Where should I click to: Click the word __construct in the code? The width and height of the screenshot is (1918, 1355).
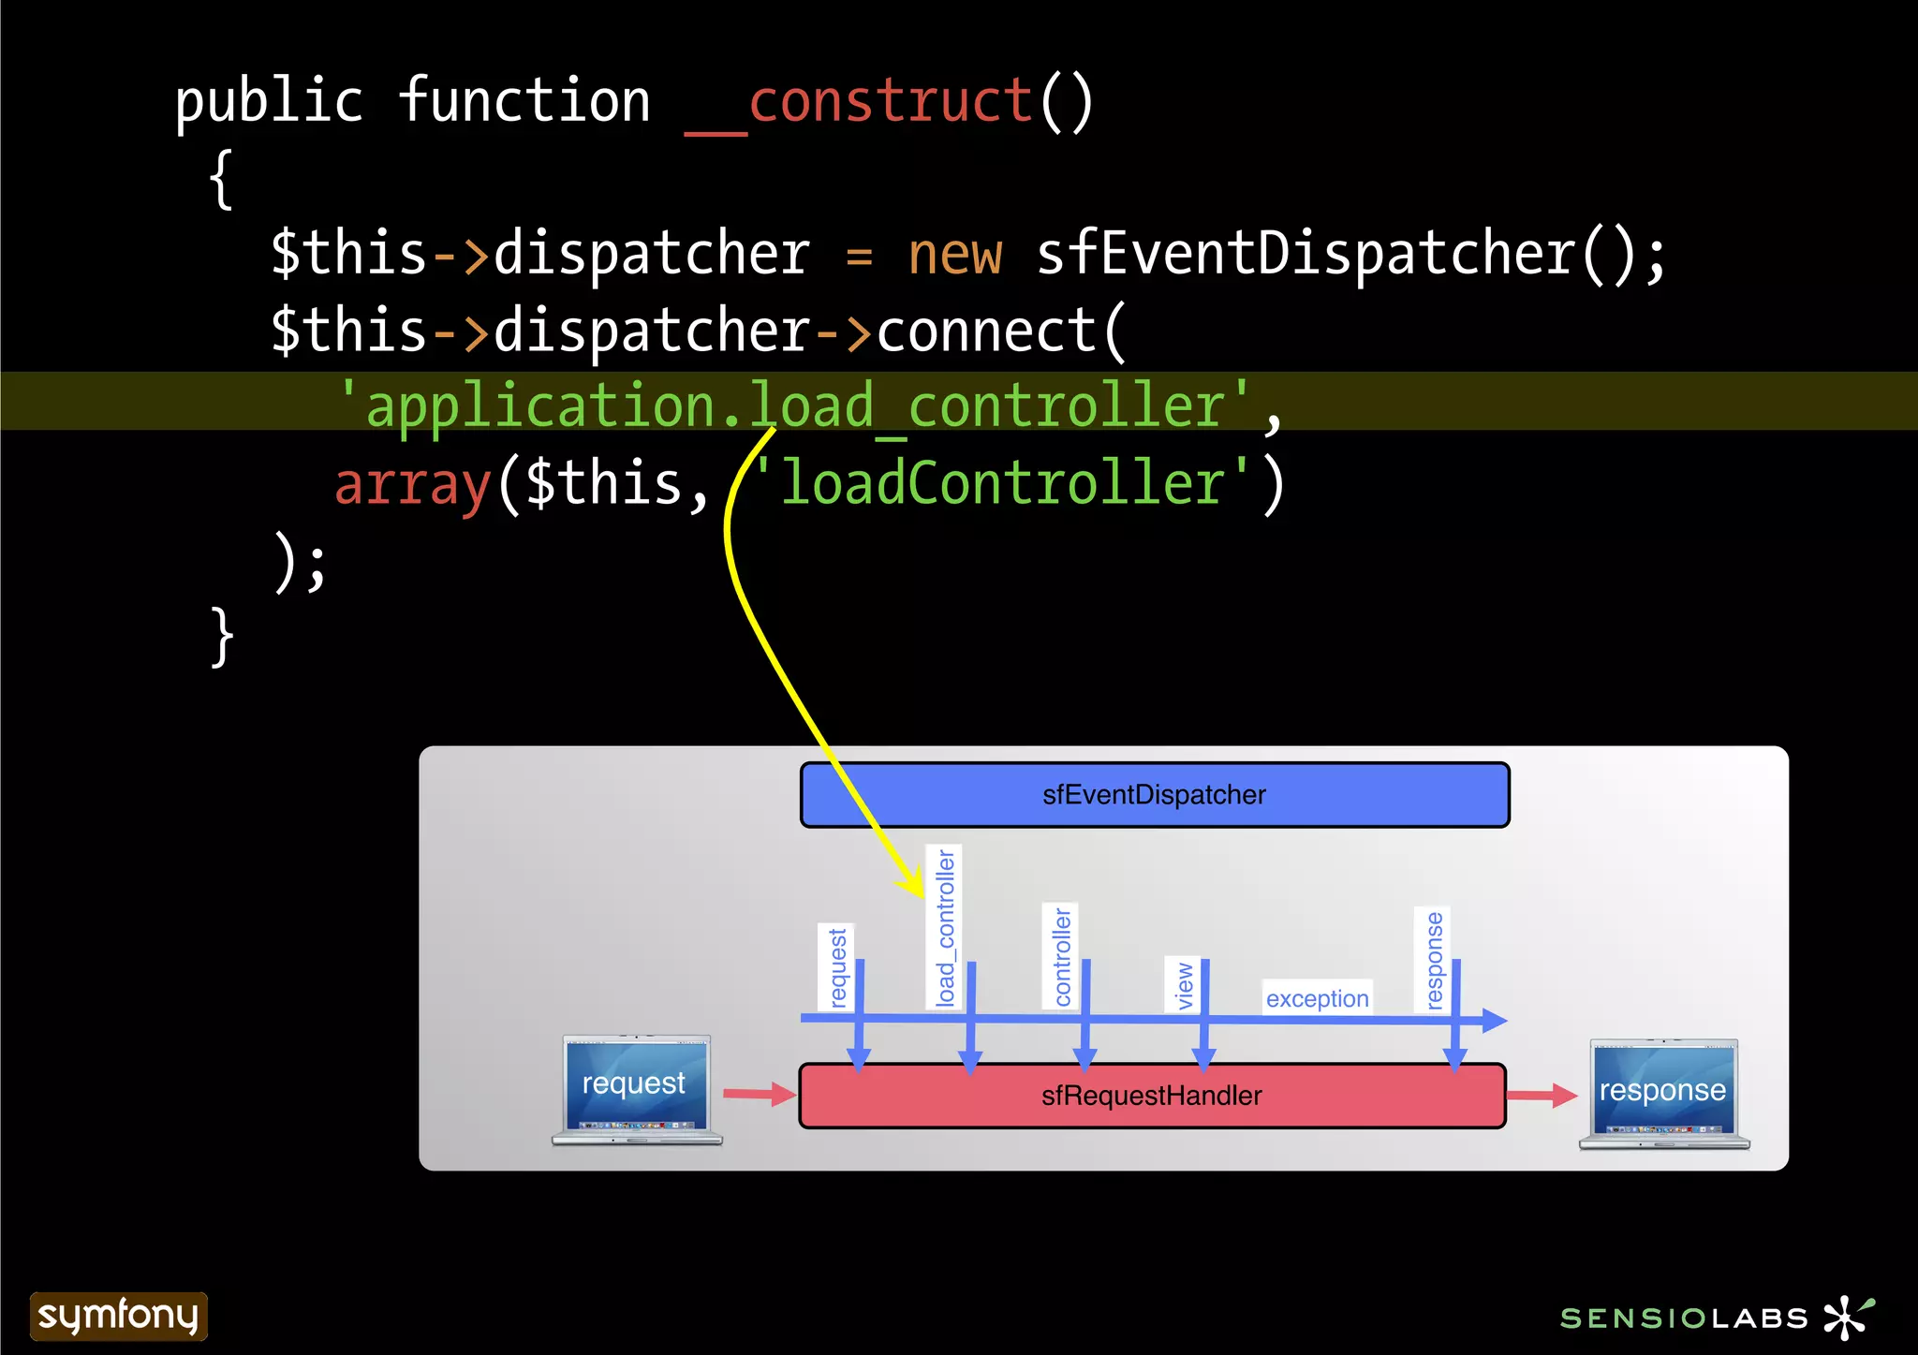tap(890, 103)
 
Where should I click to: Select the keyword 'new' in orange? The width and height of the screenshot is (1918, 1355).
tap(954, 255)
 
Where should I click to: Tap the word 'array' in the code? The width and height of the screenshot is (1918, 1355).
tap(413, 485)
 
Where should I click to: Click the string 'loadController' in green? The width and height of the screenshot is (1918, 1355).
tap(1001, 483)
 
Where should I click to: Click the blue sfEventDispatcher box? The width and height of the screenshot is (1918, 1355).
tap(1154, 795)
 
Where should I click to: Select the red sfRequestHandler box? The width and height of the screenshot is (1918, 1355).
tap(1152, 1096)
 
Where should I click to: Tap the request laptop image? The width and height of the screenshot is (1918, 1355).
tap(636, 1089)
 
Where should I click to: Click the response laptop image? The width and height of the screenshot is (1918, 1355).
tap(1664, 1094)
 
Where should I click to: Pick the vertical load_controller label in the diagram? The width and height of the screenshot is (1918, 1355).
tap(945, 927)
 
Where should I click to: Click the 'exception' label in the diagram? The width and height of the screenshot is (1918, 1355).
tap(1317, 998)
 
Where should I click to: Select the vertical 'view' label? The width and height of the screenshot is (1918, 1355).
tap(1184, 985)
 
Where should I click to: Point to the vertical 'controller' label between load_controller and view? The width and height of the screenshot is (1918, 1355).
tap(1061, 956)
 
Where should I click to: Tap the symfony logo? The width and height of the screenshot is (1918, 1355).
tap(118, 1316)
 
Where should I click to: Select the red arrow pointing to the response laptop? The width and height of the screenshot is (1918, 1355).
tap(1542, 1095)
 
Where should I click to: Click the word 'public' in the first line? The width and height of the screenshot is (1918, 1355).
tap(269, 103)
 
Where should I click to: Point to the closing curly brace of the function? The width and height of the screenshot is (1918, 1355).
tap(222, 638)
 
